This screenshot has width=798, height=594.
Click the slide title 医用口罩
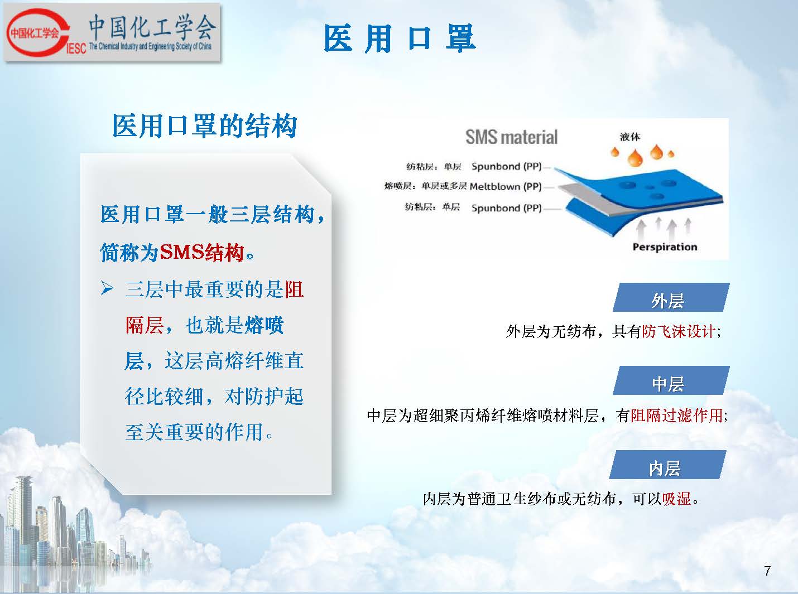pos(400,38)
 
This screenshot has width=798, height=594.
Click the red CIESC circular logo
pos(36,33)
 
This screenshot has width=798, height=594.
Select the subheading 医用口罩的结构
pos(205,126)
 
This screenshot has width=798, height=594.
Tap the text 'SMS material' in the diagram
pos(511,137)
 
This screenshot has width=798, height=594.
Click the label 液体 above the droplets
pos(630,137)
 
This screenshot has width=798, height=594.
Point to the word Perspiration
pos(665,247)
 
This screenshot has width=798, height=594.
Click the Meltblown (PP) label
pos(506,187)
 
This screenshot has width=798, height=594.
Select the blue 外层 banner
pos(671,297)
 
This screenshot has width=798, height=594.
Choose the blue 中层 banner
pos(671,380)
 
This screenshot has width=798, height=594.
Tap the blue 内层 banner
pos(667,465)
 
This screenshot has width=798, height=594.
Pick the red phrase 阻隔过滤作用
pos(677,416)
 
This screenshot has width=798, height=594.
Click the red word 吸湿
pos(677,499)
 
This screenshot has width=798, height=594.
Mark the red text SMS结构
pos(202,252)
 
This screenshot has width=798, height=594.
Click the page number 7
pos(767,570)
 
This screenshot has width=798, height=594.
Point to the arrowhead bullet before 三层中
pos(107,288)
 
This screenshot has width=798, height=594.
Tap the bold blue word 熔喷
pos(265,325)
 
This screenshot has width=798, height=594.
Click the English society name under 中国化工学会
pos(150,46)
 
